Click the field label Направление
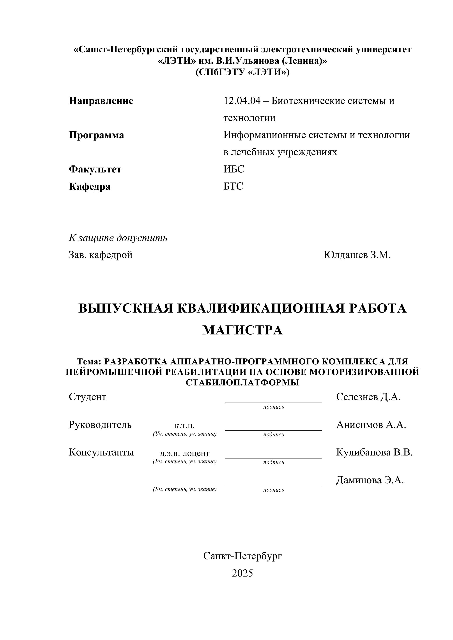[101, 101]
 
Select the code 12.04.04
[242, 101]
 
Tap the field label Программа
[97, 135]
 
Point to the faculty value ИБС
[234, 169]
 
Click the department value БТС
[233, 186]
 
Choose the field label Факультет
[95, 169]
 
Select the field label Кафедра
[90, 186]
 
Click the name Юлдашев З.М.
[357, 255]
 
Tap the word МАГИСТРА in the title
[242, 330]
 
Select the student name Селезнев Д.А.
[368, 397]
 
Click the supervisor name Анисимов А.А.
[371, 425]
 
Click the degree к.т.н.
[185, 426]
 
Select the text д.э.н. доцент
[185, 454]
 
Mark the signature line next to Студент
[273, 402]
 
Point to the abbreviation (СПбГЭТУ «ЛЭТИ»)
[242, 72]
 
